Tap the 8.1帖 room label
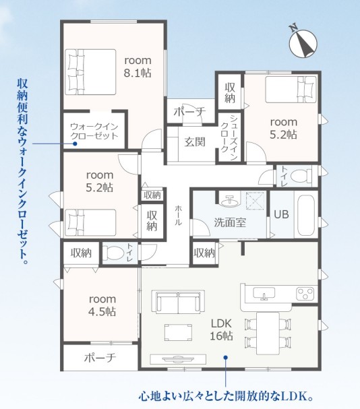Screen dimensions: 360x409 [x=138, y=67]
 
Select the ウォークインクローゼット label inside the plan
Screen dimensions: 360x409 [x=94, y=131]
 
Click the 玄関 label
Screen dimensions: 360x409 [x=195, y=142]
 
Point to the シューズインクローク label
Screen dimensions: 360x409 [x=229, y=137]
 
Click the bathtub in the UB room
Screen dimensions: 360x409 [x=306, y=214]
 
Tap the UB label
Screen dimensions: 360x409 [x=281, y=214]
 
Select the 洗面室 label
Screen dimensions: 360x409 [x=230, y=222]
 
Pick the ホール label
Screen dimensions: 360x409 [x=179, y=215]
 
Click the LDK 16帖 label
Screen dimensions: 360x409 [x=221, y=329]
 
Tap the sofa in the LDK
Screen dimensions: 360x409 [x=178, y=301]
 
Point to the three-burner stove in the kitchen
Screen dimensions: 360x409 [x=305, y=293]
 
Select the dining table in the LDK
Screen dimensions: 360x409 [x=268, y=333]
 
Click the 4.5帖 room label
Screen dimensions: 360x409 [x=102, y=305]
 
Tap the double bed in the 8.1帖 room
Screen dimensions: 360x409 [x=90, y=72]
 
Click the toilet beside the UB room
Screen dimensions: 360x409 [x=301, y=176]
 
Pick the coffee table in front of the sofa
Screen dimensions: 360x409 [x=178, y=332]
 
